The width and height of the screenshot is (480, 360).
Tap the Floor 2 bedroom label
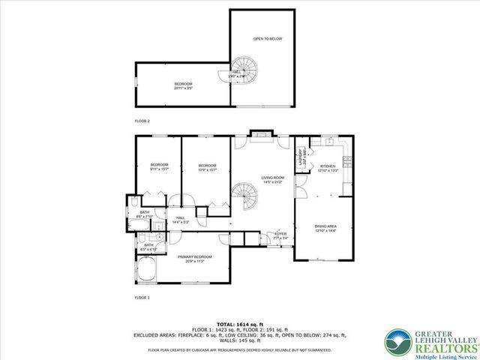click(x=183, y=85)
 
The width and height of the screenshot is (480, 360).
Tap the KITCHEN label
click(x=328, y=167)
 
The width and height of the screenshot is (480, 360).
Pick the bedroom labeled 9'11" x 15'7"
click(x=159, y=166)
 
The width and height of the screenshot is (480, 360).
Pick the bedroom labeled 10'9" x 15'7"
click(x=207, y=166)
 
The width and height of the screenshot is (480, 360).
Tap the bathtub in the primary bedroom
click(x=146, y=270)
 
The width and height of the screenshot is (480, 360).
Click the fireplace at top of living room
click(x=260, y=133)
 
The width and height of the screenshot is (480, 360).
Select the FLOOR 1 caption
click(x=142, y=298)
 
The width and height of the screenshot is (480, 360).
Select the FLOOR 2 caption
click(x=142, y=119)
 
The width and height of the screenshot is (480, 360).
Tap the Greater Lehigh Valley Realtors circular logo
click(x=397, y=342)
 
